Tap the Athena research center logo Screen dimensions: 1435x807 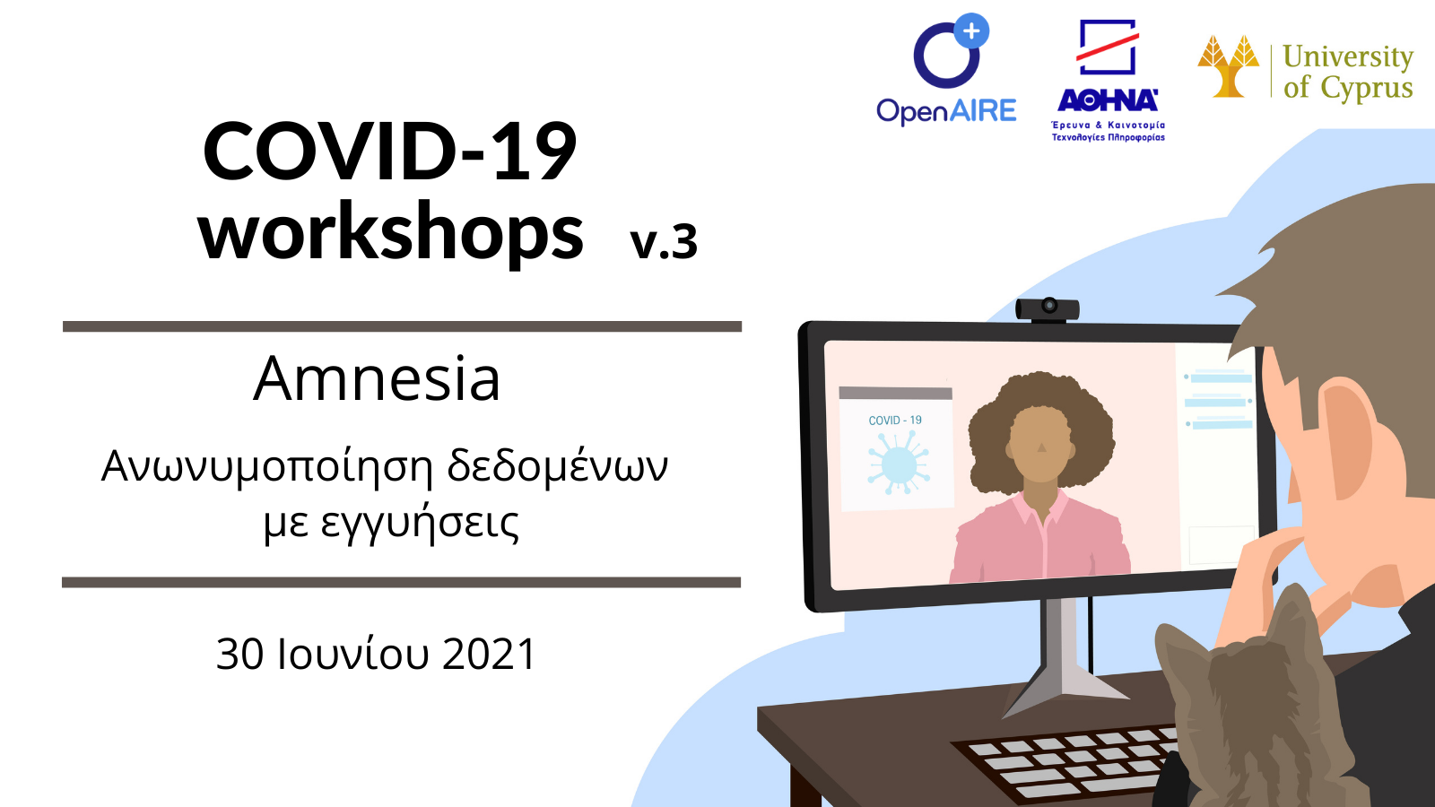pyautogui.click(x=1109, y=80)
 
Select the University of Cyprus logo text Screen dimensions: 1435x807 pyautogui.click(x=1348, y=72)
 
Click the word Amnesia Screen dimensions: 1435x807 pyautogui.click(x=376, y=379)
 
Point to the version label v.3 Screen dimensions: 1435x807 pyautogui.click(x=664, y=241)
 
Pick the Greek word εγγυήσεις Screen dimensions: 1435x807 pyautogui.click(x=419, y=525)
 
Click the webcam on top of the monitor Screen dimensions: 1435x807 pyautogui.click(x=1048, y=309)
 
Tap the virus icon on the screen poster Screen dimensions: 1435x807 pyautogui.click(x=898, y=463)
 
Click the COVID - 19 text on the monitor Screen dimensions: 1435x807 pyautogui.click(x=895, y=421)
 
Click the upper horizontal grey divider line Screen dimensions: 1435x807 pyautogui.click(x=403, y=326)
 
